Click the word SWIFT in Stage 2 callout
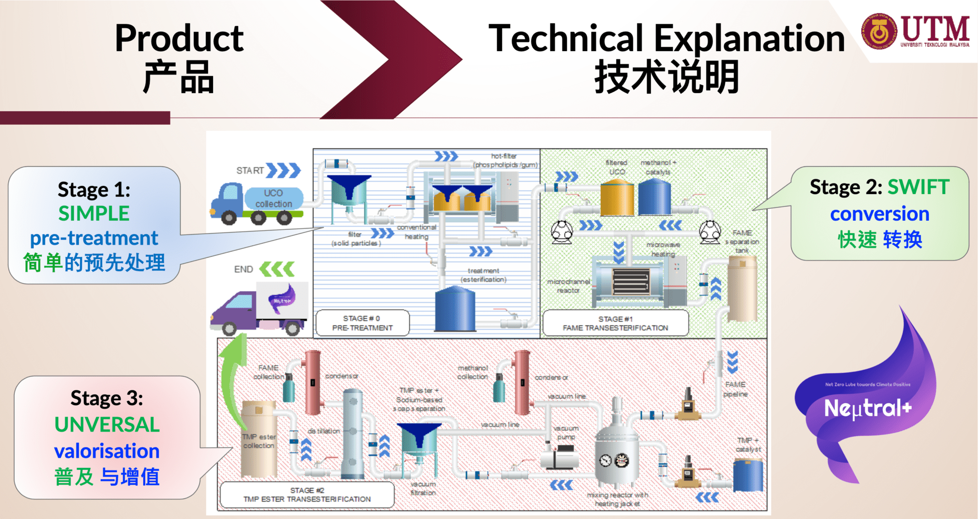918,187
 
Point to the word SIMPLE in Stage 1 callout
94,213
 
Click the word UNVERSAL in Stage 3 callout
107,424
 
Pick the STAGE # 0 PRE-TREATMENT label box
362,323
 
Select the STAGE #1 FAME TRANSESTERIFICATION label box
615,324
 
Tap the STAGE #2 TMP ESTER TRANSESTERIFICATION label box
307,495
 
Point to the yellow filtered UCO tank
617,197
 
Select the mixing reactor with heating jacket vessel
616,452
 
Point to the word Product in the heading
179,38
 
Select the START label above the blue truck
250,171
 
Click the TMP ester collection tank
259,440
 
